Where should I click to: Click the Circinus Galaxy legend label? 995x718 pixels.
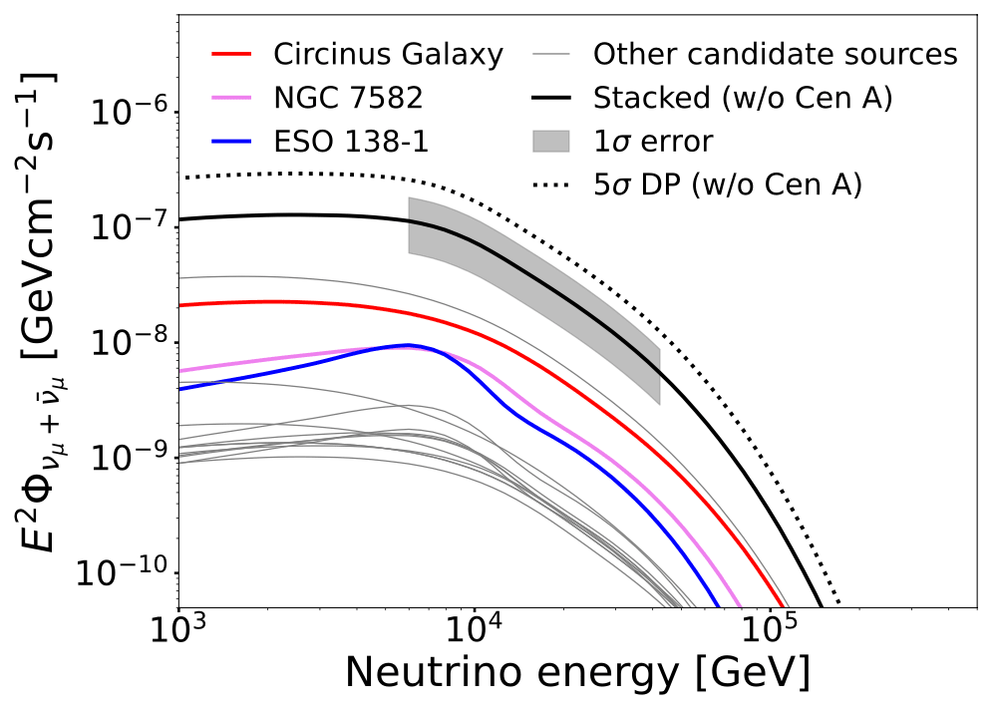tap(389, 54)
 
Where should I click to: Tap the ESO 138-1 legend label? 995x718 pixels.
tap(351, 142)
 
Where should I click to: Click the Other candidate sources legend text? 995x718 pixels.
tap(775, 54)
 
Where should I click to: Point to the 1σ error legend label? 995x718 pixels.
tap(653, 142)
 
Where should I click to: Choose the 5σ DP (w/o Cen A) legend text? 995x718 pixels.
tap(727, 185)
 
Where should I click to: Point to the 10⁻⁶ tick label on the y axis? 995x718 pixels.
tap(130, 113)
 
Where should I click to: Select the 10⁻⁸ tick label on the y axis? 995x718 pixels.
tap(130, 343)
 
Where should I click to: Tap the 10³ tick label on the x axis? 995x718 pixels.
tap(178, 632)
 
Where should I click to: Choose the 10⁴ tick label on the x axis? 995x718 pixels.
tap(474, 632)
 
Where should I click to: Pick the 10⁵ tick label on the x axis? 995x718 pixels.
tap(769, 632)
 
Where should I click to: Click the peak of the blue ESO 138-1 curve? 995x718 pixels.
tap(407, 345)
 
